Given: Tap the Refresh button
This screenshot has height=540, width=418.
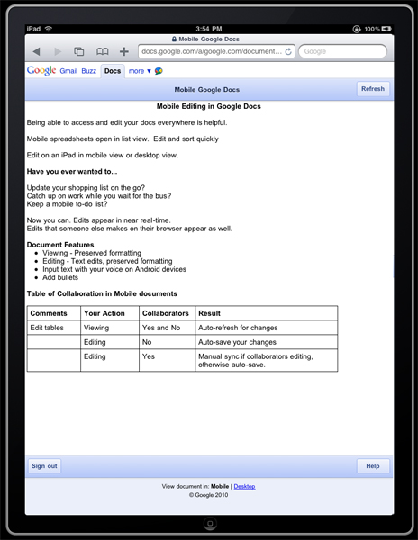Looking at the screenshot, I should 372,89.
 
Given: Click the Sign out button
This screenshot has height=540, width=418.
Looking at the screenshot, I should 44,466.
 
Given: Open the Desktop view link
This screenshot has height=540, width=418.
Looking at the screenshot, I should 244,486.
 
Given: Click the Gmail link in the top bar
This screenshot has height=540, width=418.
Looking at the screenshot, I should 68,70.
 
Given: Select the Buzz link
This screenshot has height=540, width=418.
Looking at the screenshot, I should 88,70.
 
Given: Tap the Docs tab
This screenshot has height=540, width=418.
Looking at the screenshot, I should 112,70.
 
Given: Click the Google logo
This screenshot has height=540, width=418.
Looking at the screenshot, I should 41,70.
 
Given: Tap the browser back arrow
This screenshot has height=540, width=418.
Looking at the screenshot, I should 37,52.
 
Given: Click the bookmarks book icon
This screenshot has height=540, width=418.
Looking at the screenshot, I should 103,52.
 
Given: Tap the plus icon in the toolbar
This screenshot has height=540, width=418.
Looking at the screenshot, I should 124,52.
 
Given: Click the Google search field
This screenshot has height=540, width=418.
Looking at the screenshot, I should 344,52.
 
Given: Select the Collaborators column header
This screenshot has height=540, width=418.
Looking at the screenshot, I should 165,313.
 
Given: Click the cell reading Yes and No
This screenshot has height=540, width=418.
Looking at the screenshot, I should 161,328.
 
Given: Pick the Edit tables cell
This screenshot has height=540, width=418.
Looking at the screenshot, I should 47,328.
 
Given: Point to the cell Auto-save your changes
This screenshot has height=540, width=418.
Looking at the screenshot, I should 236,343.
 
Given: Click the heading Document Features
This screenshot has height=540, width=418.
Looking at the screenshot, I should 60,245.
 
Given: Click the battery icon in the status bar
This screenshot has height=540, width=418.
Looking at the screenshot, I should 386,30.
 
